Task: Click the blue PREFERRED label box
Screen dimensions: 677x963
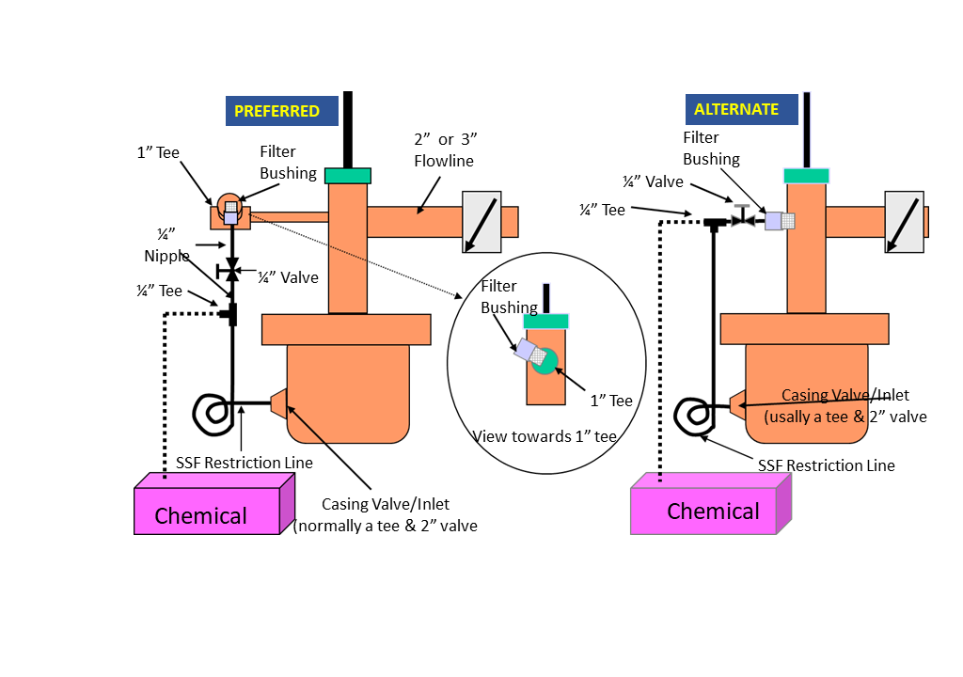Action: pyautogui.click(x=280, y=111)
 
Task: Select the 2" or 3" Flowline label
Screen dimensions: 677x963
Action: pyautogui.click(x=445, y=150)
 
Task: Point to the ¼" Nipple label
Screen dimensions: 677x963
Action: pyautogui.click(x=166, y=244)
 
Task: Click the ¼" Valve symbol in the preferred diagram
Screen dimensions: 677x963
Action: pyautogui.click(x=231, y=271)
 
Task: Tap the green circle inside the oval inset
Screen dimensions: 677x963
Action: pyautogui.click(x=545, y=360)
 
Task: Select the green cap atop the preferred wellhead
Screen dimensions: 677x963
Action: pyautogui.click(x=348, y=175)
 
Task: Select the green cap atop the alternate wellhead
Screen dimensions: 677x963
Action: pyautogui.click(x=806, y=175)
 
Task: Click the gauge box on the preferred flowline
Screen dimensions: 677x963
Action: pyautogui.click(x=481, y=222)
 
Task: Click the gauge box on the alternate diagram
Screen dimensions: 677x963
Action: pyautogui.click(x=904, y=222)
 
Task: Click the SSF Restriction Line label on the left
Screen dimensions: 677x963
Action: pyautogui.click(x=245, y=463)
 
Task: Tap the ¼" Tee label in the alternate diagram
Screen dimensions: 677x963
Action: pyautogui.click(x=602, y=211)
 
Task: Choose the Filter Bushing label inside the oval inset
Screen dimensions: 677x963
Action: pyautogui.click(x=509, y=295)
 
